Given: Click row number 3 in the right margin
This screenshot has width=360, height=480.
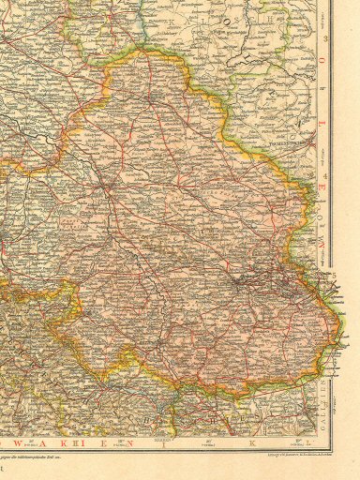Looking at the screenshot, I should pyautogui.click(x=326, y=39).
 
